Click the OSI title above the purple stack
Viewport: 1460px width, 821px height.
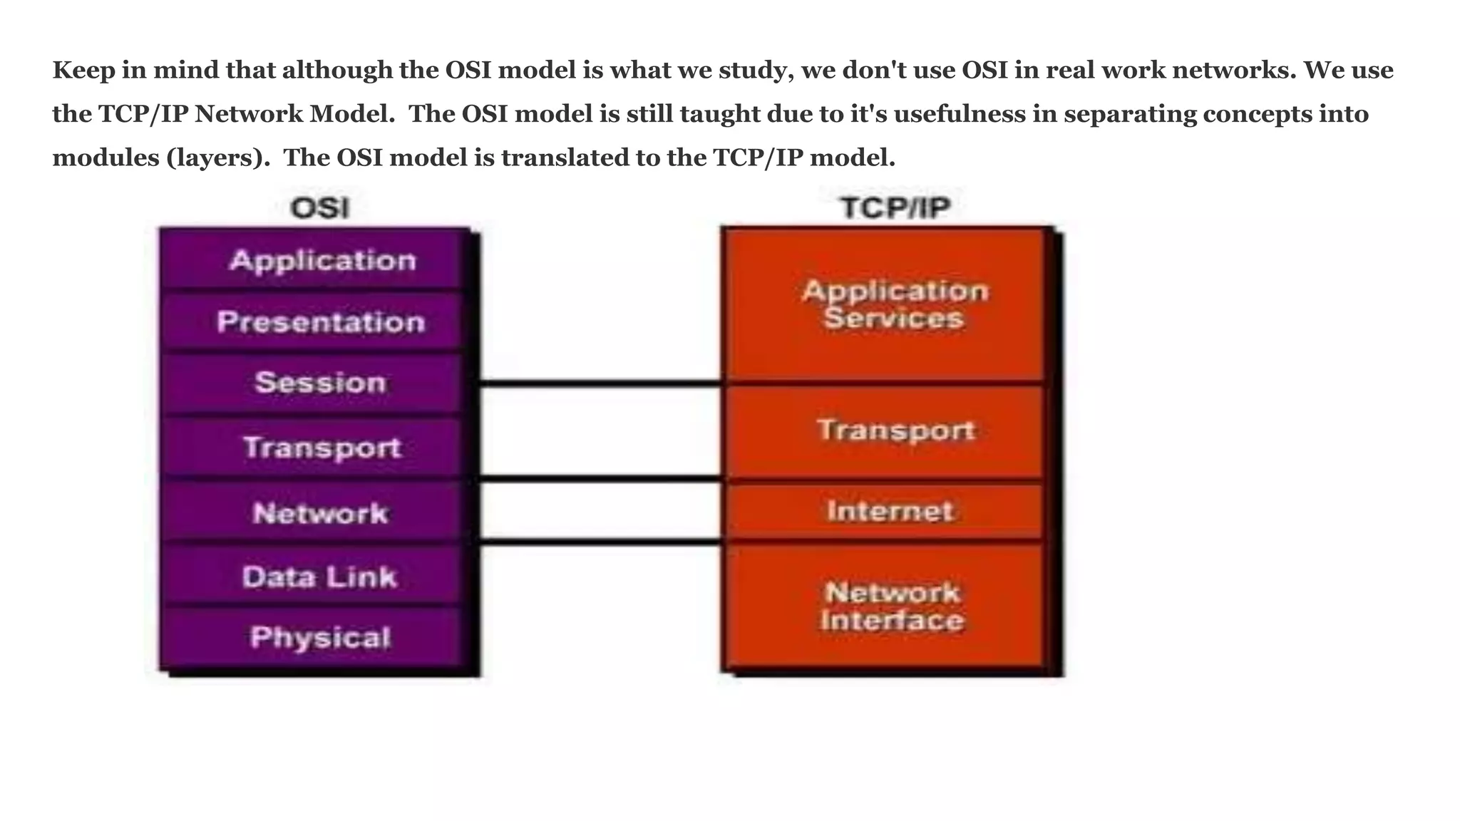pyautogui.click(x=320, y=208)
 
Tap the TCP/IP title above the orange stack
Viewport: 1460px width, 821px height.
pyautogui.click(x=895, y=207)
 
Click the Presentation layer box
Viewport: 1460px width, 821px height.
pyautogui.click(x=321, y=321)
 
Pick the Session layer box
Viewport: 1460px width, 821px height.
pyautogui.click(x=321, y=383)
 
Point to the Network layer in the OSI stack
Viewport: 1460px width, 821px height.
pyautogui.click(x=320, y=512)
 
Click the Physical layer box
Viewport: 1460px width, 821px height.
pyautogui.click(x=320, y=637)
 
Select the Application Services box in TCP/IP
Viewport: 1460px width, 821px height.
pyautogui.click(x=894, y=304)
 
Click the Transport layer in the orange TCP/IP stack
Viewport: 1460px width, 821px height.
pyautogui.click(x=895, y=430)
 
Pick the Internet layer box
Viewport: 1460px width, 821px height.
pyautogui.click(x=890, y=511)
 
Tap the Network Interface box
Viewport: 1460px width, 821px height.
pyautogui.click(x=892, y=606)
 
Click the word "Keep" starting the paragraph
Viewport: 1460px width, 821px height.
pyautogui.click(x=83, y=70)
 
